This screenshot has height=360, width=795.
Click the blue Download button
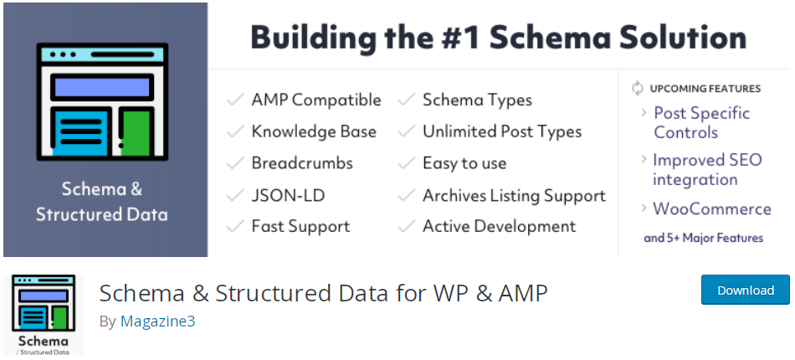click(x=746, y=290)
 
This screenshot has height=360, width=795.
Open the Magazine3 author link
click(x=157, y=321)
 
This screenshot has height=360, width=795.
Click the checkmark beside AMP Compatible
click(x=235, y=100)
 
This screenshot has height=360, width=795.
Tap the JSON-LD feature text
click(x=288, y=195)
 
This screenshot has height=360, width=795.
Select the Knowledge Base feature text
click(x=314, y=131)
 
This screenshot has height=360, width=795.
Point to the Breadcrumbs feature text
click(x=302, y=163)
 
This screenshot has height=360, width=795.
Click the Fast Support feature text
click(x=300, y=226)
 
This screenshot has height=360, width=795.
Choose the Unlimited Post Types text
click(x=502, y=131)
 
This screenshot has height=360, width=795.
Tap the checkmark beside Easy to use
click(x=407, y=163)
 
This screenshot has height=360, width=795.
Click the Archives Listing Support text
click(x=514, y=196)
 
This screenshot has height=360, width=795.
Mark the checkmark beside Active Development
click(x=407, y=226)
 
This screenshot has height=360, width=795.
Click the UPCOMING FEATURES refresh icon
click(x=638, y=88)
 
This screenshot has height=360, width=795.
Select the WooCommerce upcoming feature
click(x=712, y=209)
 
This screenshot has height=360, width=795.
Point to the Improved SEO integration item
click(x=707, y=169)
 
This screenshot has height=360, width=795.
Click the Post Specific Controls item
click(x=702, y=123)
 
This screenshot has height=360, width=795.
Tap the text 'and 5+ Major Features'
click(x=703, y=238)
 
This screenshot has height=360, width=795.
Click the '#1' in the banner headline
click(x=457, y=38)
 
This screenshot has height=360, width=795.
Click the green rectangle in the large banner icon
click(x=136, y=133)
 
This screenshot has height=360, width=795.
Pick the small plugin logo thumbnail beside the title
click(x=43, y=314)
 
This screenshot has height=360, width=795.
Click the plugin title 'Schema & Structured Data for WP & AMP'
click(x=324, y=293)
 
